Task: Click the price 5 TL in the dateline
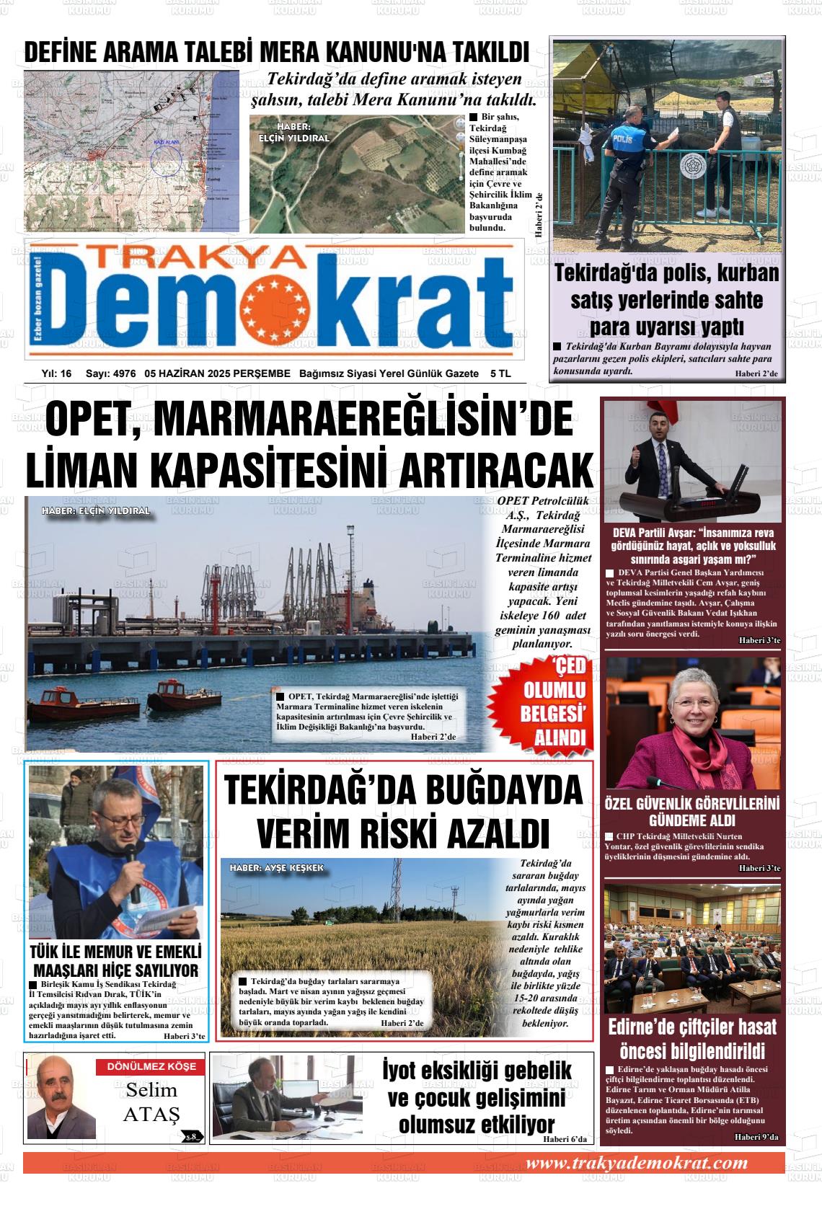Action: (x=500, y=373)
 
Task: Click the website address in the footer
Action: (x=637, y=1163)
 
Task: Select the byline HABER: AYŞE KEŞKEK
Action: (x=277, y=868)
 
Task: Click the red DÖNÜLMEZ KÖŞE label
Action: (x=151, y=1066)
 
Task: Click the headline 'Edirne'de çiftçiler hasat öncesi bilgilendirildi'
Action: (x=692, y=1037)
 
